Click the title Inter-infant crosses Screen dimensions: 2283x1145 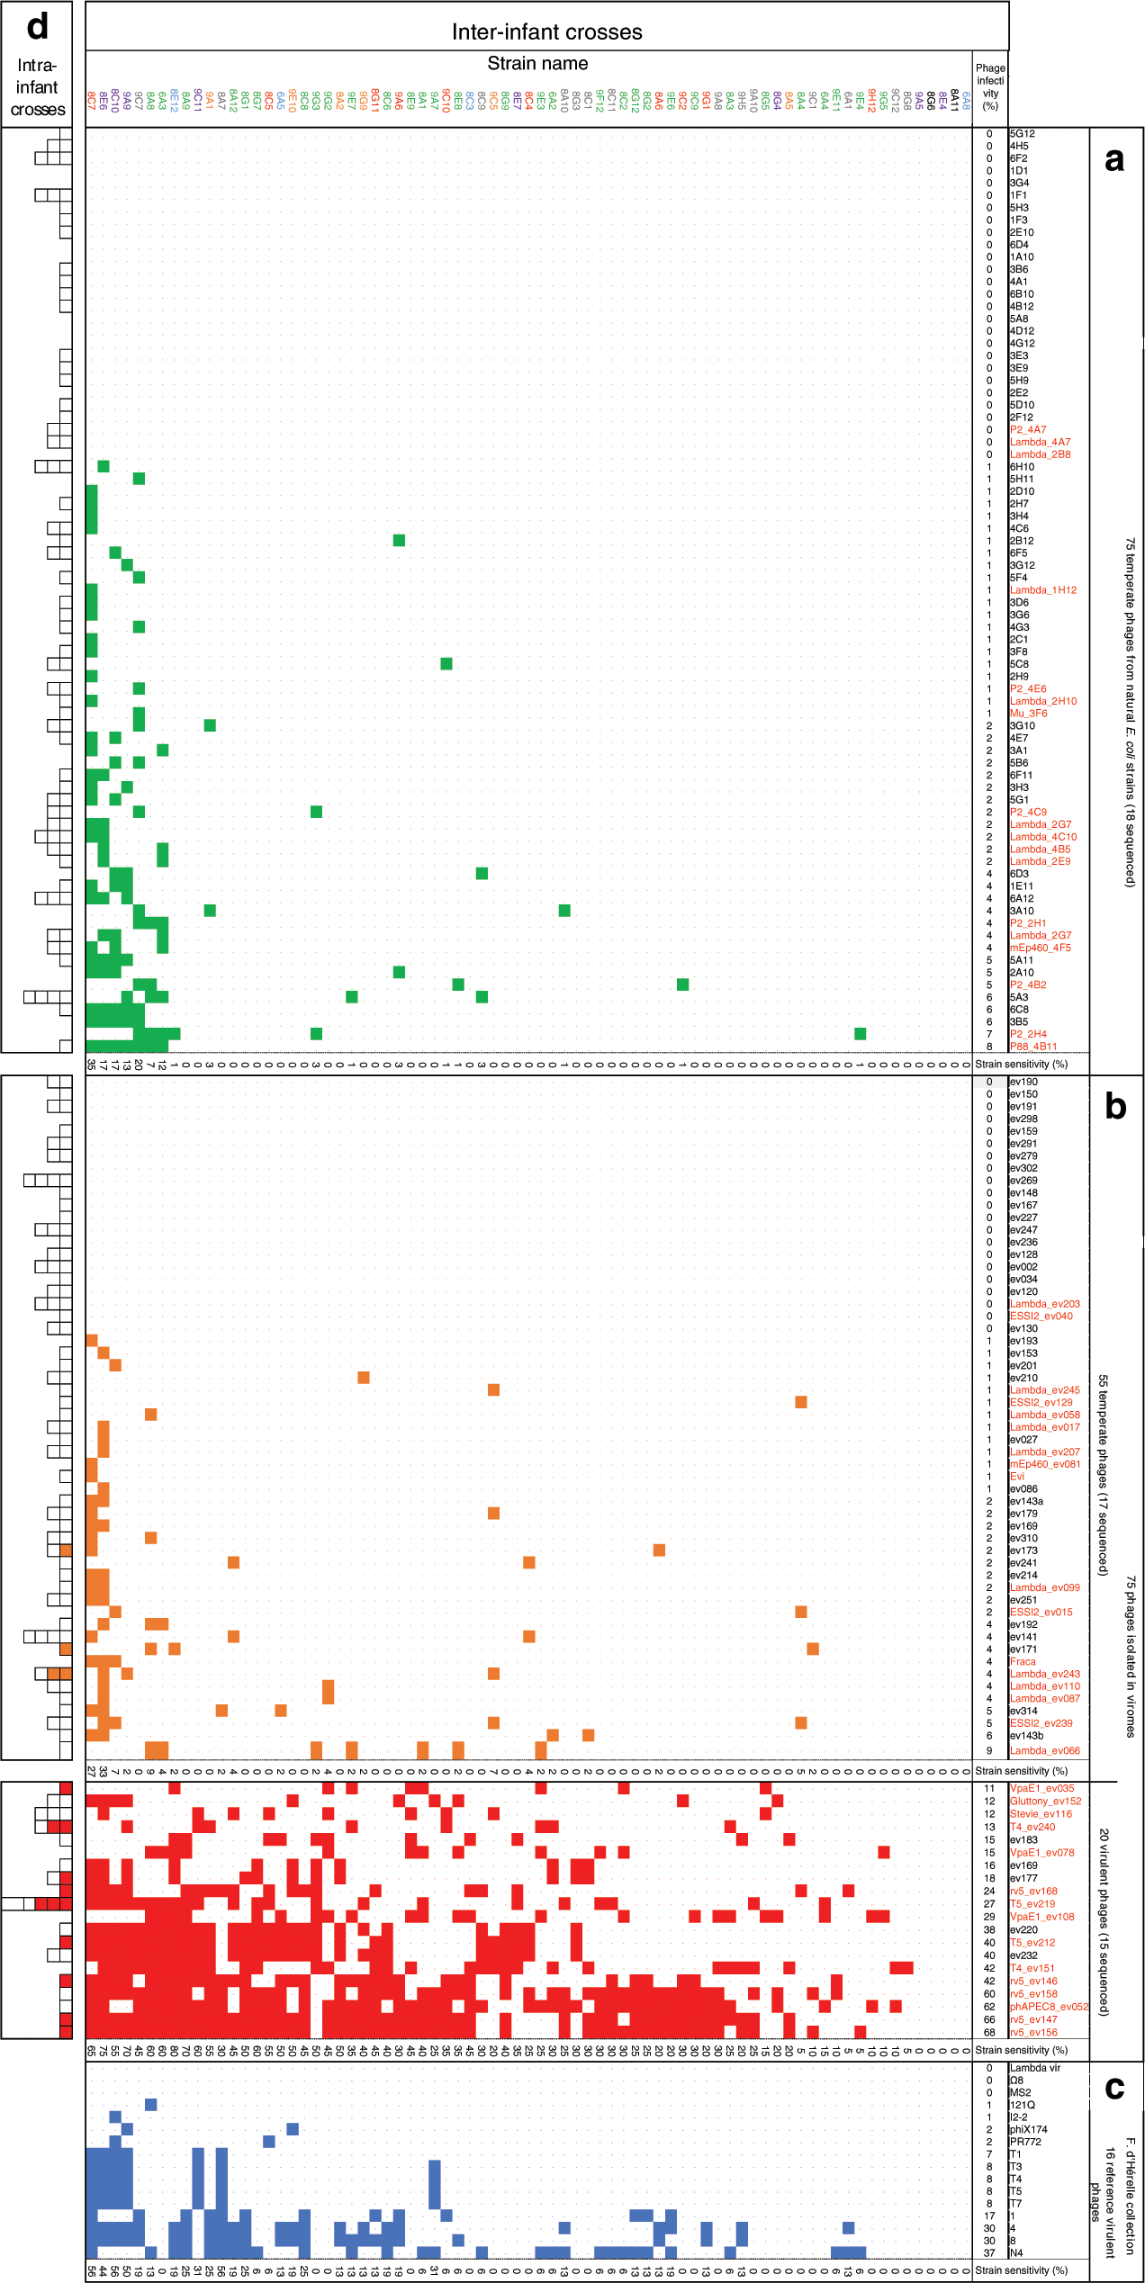coord(546,32)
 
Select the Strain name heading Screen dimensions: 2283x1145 coord(537,64)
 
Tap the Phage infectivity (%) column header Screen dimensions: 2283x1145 coord(990,86)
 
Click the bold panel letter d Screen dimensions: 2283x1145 coord(37,26)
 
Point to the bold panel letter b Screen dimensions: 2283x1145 coord(1115,1106)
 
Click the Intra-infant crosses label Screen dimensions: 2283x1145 coord(37,87)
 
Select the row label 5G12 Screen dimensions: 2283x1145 coord(1022,133)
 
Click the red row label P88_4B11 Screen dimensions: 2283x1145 coord(1033,1047)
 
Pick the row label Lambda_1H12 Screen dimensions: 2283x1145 coord(1042,590)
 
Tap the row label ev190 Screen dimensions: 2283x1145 coord(1023,1082)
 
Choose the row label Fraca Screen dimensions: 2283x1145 coord(1023,1662)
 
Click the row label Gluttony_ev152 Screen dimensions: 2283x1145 coord(1045,1801)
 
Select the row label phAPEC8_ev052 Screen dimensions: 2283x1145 coord(1049,2006)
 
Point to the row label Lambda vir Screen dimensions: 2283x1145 coord(1035,2068)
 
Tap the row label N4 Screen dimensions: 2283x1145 coord(1017,2253)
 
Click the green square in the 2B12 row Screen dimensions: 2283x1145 coord(399,540)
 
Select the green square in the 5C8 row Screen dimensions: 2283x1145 coord(446,663)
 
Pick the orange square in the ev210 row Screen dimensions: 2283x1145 coord(364,1378)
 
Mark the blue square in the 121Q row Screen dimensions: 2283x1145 coord(151,2105)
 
